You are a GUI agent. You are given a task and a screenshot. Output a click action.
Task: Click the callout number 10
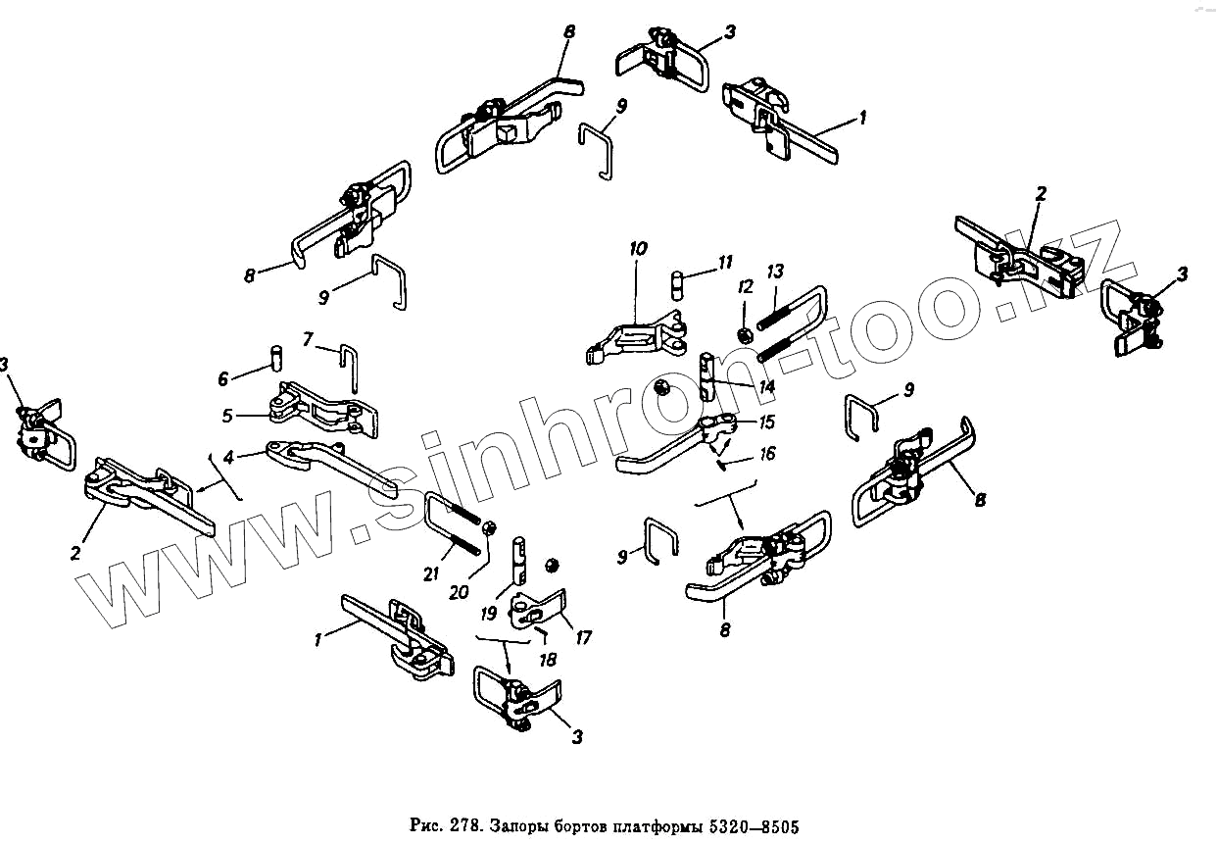tap(638, 249)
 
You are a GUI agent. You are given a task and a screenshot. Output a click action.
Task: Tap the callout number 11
tap(725, 262)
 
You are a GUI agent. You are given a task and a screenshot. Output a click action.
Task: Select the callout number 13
tap(775, 272)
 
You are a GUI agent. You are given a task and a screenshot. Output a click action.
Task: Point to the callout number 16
tap(767, 453)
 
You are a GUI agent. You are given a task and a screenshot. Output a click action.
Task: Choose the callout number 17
tap(584, 638)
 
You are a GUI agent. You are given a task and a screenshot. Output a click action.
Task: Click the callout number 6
tap(223, 378)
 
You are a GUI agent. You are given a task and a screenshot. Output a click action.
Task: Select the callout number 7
tap(308, 340)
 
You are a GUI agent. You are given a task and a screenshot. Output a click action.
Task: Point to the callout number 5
tap(227, 416)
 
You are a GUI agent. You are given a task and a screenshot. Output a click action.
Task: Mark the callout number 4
tap(227, 457)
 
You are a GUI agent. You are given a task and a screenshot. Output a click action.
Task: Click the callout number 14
tap(766, 387)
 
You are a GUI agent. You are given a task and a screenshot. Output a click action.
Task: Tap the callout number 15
tap(767, 422)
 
